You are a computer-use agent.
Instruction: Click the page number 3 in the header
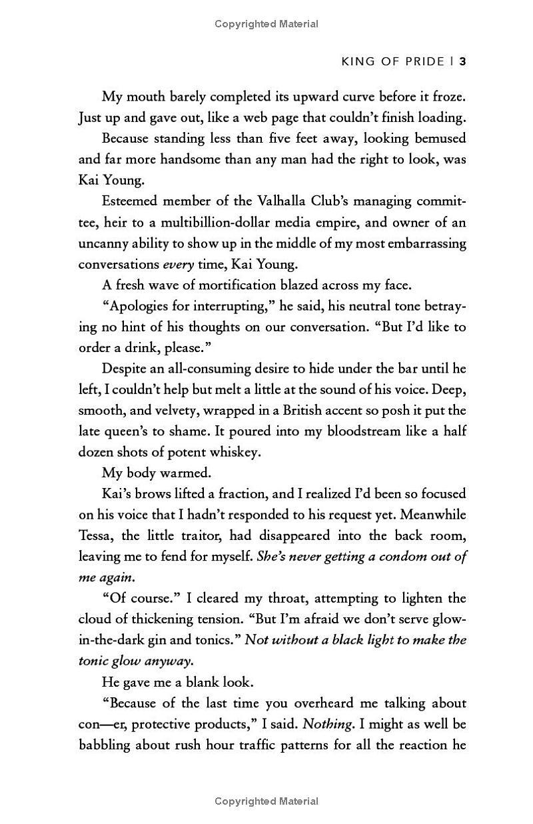click(x=462, y=61)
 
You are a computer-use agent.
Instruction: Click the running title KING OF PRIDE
click(x=392, y=61)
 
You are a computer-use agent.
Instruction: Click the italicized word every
click(x=178, y=263)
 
